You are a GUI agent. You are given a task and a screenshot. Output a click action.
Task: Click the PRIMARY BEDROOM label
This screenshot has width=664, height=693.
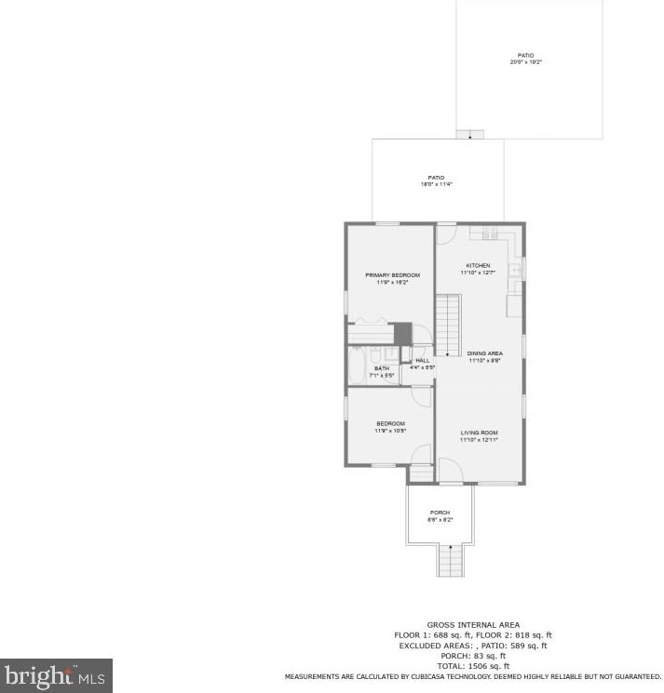click(392, 275)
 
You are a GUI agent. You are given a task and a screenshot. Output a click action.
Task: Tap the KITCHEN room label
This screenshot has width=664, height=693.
click(477, 266)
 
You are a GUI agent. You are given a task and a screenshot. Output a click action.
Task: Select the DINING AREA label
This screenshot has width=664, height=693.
click(484, 353)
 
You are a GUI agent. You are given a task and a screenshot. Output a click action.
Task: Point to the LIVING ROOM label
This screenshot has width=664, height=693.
click(480, 433)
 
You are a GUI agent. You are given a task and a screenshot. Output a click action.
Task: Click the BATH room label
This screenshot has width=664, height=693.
click(382, 369)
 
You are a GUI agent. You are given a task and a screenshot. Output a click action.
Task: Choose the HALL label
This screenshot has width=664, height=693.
click(423, 361)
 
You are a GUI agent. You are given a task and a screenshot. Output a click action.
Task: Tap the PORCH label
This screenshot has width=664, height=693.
click(440, 513)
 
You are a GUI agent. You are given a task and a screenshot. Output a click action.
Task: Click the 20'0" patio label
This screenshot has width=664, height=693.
click(526, 56)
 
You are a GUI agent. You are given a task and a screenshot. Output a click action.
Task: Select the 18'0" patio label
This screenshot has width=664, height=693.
click(436, 178)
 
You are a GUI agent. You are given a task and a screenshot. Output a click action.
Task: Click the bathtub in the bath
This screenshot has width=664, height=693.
click(357, 366)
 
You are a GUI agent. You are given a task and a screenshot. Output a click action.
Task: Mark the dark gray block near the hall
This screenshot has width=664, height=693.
click(402, 332)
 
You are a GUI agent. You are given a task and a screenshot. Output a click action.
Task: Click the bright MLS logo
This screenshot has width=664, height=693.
click(56, 675)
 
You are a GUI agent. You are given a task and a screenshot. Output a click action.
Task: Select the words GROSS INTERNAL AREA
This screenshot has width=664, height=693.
click(473, 625)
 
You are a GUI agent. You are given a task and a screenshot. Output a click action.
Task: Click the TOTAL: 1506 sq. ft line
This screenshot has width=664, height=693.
click(473, 666)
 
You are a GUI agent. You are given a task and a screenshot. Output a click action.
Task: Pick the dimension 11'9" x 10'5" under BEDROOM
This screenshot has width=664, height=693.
click(390, 431)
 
